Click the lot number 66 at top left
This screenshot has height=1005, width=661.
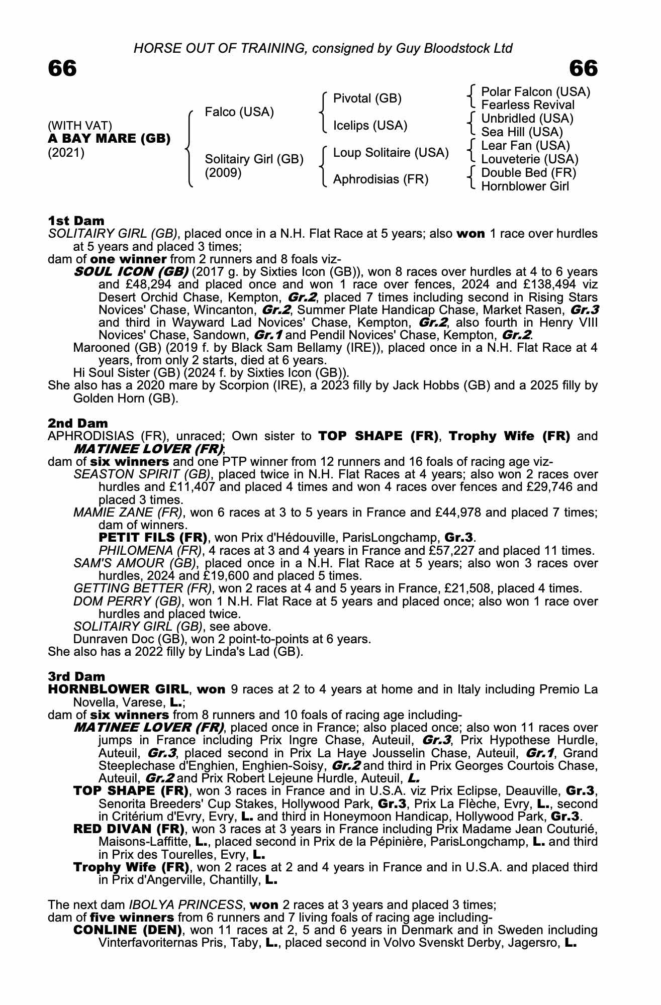pos(62,68)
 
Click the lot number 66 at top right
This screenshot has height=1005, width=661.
pos(584,68)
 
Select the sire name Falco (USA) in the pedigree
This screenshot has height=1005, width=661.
pos(239,112)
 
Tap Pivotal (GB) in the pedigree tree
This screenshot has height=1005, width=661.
pos(367,98)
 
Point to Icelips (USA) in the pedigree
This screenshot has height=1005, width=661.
pos(370,125)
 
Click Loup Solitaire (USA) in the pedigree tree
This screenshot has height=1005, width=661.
pos(391,152)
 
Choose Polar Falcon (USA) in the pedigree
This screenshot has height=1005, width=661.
pos(536,91)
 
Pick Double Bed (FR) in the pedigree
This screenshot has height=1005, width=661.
pos(529,173)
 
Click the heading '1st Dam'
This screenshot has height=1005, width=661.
pos(76,221)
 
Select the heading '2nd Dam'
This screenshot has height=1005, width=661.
pos(78,423)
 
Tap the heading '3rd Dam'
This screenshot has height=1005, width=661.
pos(77,676)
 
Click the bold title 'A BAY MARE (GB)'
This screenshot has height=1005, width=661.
pos(109,138)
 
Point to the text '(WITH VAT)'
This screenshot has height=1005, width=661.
pos(80,125)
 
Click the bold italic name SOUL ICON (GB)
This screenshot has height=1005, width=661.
pos(131,272)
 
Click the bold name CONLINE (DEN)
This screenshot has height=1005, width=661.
pos(128,930)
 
